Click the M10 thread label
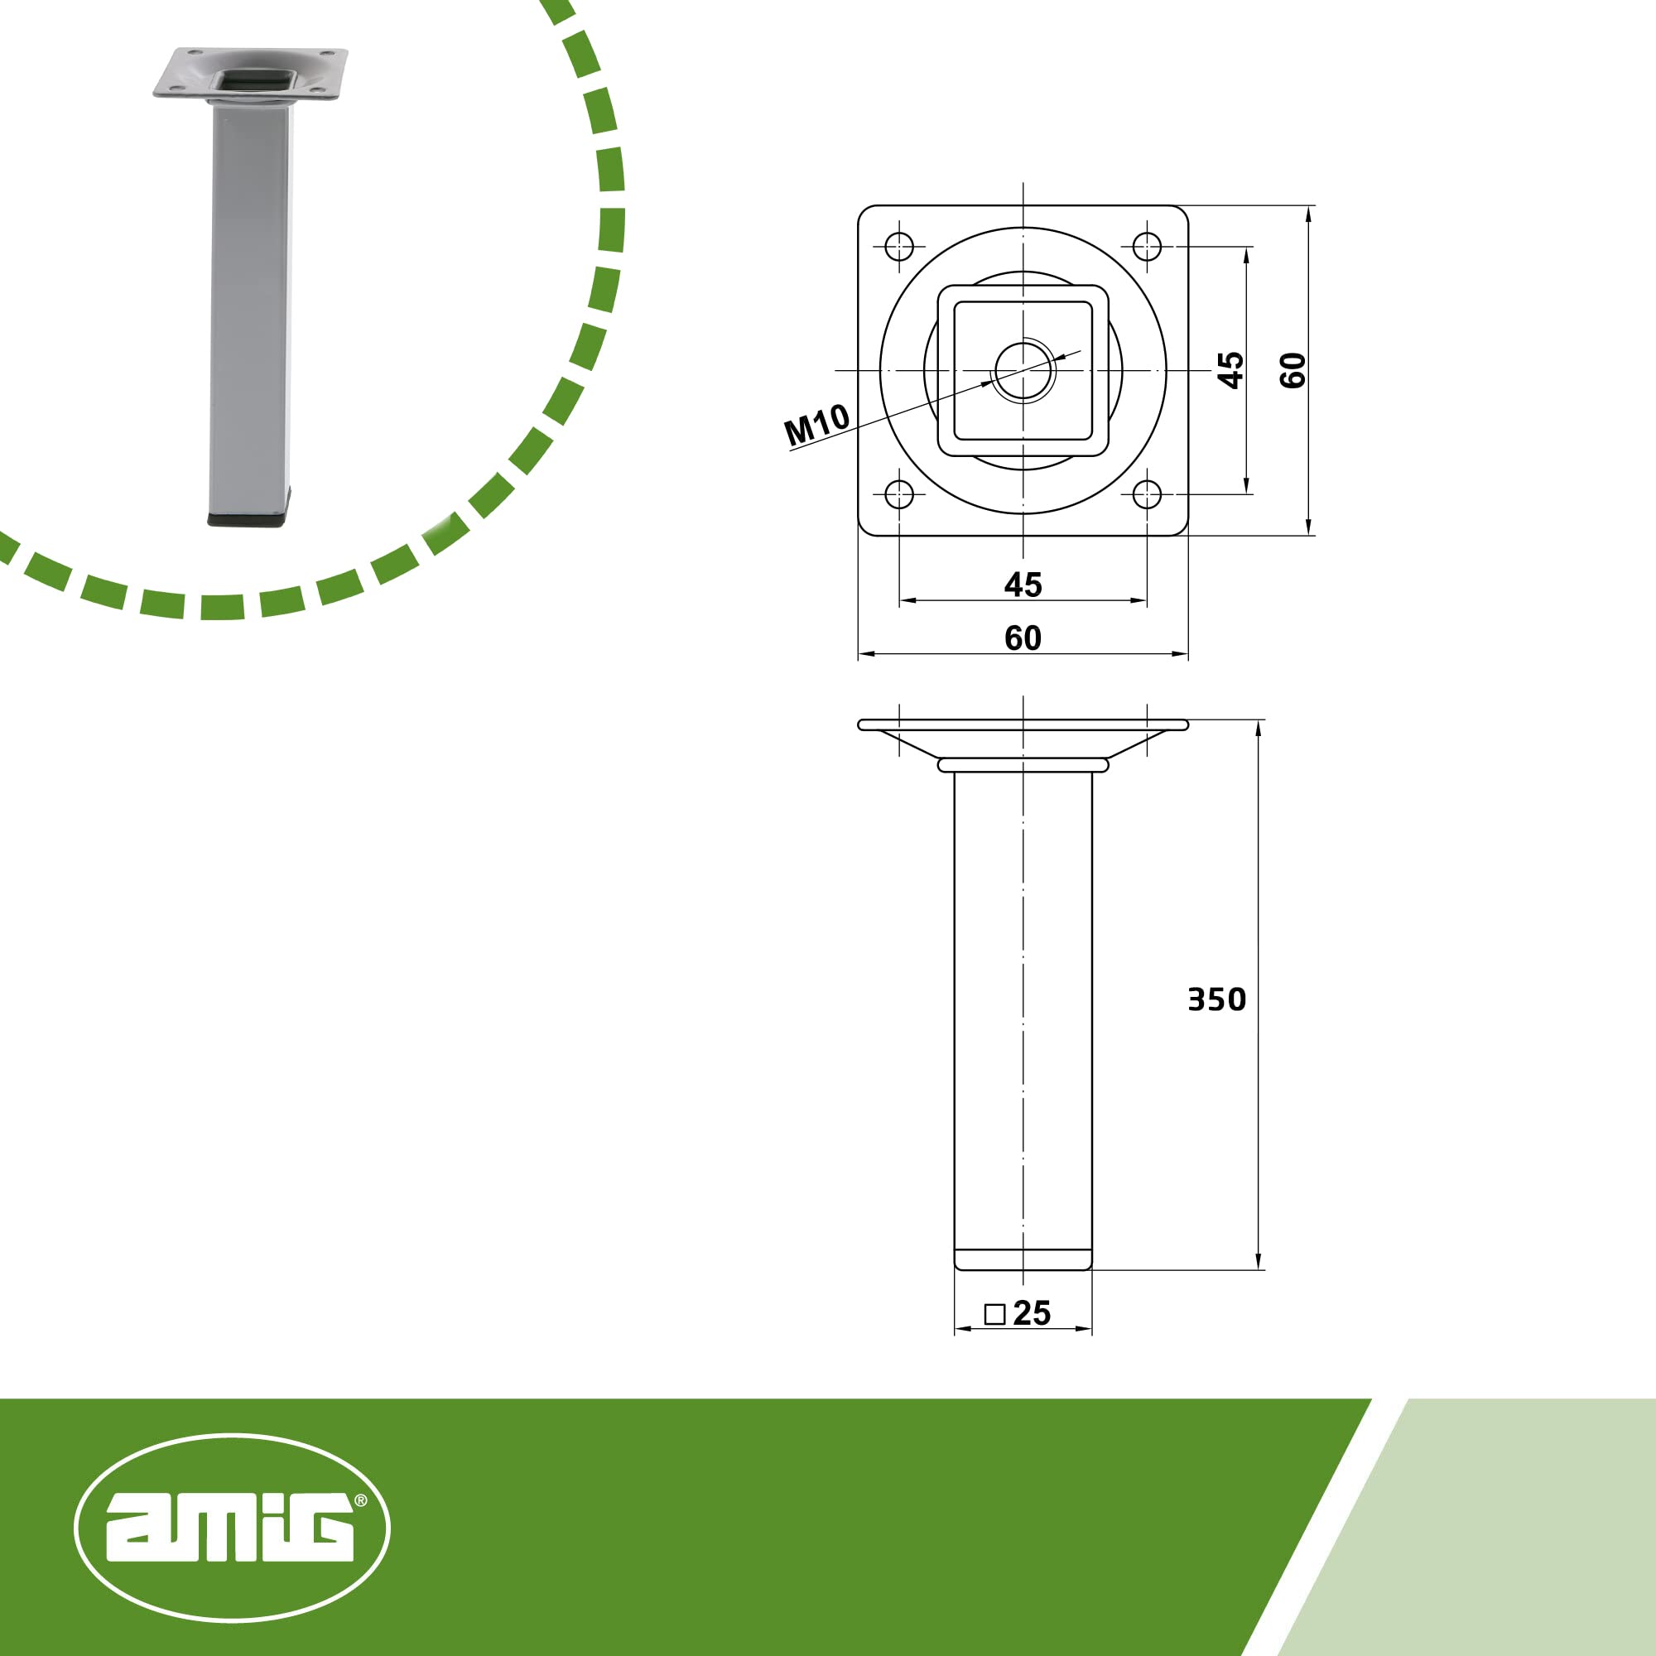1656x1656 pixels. pos(817,424)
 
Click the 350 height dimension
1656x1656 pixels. pos(1216,999)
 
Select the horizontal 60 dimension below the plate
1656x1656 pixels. pos(1023,638)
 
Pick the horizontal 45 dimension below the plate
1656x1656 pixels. pos(1023,585)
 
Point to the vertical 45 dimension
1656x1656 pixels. pos(1231,370)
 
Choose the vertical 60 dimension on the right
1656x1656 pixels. pos(1293,370)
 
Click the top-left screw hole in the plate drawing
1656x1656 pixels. pos(899,247)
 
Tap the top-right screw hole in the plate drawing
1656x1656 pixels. pos(1147,247)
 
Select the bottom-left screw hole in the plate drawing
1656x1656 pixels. pos(899,494)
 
